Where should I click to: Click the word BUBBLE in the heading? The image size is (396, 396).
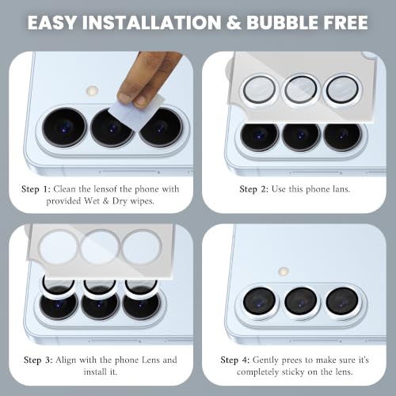pos(283,22)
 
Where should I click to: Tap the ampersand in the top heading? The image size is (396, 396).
pos(234,22)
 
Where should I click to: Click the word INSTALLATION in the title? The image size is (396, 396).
pos(151,22)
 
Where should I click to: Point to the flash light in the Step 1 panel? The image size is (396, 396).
pos(92,91)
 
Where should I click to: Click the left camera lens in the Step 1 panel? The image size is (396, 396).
pos(64,128)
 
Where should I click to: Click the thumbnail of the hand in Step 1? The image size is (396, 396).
pos(141,101)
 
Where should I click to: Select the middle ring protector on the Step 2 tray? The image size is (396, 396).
pos(301,90)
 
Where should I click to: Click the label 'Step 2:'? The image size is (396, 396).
pos(253,189)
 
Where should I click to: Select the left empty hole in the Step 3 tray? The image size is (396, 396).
pos(58,247)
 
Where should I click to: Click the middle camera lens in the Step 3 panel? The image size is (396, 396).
pos(100,303)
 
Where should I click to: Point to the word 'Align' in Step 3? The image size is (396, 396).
pos(66,360)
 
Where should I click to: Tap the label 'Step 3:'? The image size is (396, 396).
pos(38,360)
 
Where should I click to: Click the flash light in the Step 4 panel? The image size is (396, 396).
pos(284,271)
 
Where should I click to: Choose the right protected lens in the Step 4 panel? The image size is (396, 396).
pos(342,302)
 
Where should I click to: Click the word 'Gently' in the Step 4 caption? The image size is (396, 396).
pos(265,360)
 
